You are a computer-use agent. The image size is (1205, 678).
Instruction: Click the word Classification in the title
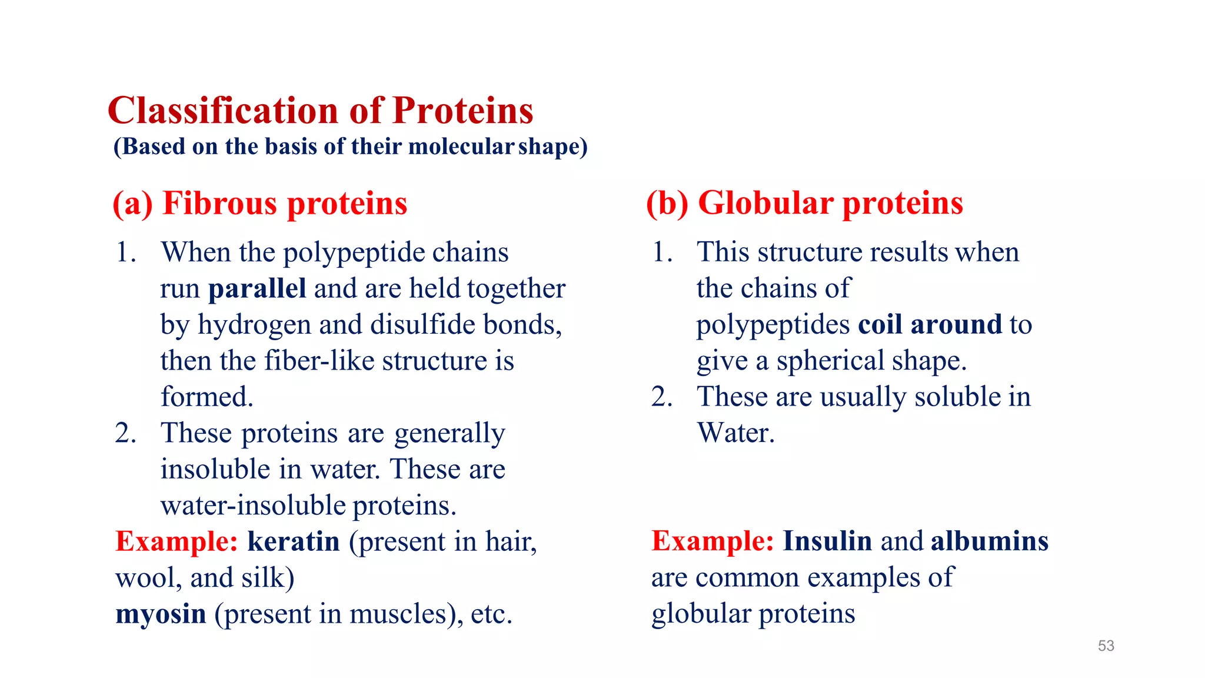223,111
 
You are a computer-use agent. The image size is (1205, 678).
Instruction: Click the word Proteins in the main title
462,111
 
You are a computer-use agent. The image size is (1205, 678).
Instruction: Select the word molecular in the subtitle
461,147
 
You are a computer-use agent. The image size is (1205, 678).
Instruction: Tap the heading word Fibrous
219,204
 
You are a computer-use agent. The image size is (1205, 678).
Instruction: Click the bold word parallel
257,289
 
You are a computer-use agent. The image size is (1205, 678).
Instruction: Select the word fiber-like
319,361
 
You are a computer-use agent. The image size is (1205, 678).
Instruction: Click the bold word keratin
293,541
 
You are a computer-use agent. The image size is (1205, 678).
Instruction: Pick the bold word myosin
161,614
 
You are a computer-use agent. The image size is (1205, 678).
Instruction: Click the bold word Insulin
827,541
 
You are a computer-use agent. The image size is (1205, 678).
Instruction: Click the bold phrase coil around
930,325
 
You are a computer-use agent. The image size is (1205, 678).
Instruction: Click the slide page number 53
1106,646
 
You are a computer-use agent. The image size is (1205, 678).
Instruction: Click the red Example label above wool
176,541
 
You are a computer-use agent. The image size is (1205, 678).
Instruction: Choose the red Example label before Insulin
712,541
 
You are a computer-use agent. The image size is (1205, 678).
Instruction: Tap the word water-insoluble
253,506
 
